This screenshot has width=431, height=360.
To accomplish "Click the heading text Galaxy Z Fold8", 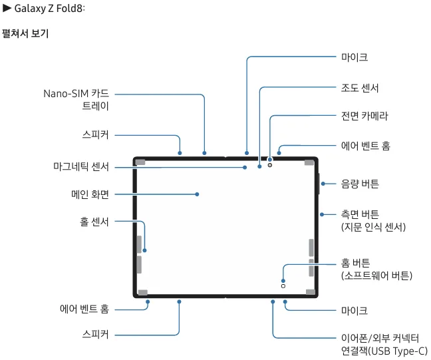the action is [49, 8].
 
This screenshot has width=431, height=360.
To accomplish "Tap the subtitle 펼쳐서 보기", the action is [25, 33].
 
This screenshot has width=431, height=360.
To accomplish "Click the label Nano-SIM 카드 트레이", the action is [76, 100].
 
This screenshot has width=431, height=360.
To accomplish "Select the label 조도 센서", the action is [360, 88].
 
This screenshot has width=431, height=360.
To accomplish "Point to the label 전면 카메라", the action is [364, 116].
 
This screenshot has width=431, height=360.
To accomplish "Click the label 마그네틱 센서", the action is [81, 166].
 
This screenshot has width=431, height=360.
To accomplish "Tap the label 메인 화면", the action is [90, 194].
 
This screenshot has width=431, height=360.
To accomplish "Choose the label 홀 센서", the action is [94, 222].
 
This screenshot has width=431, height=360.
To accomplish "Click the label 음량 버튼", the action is [360, 184].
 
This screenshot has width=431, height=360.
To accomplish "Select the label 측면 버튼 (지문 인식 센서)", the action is [373, 220].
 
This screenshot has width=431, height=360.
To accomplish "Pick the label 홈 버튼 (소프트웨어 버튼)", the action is [376, 270].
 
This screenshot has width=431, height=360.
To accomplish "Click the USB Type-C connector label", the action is [384, 344].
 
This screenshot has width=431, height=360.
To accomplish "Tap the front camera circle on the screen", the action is [270, 165].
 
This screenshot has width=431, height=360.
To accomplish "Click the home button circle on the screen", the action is [283, 286].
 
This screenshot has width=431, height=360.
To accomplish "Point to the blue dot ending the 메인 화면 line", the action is [197, 194].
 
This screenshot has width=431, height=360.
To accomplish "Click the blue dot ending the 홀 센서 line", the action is [144, 251].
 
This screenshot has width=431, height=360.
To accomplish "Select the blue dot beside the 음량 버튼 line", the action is [323, 184].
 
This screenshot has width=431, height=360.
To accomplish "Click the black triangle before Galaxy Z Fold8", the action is [7, 8].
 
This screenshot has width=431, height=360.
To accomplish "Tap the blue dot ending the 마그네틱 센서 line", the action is [245, 168].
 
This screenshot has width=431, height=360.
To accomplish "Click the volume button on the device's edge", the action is [319, 184].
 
